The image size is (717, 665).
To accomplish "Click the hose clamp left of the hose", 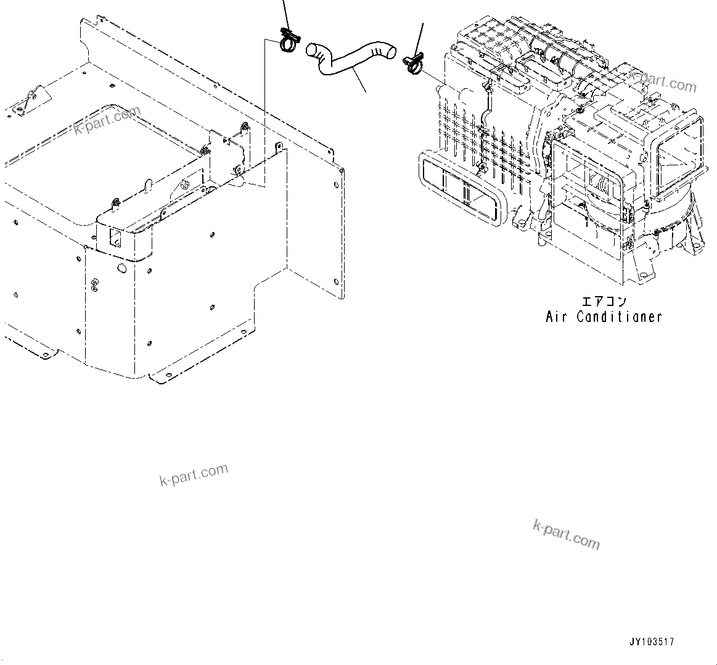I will (x=288, y=41).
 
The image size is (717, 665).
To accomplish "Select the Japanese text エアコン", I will (x=604, y=302).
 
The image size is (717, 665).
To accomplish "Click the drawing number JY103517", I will (x=652, y=642).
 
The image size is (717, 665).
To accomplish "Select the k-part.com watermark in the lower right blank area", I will (x=566, y=534).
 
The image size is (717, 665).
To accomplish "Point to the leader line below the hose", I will (x=360, y=81).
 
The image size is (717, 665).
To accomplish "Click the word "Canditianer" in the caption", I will (x=619, y=317).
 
